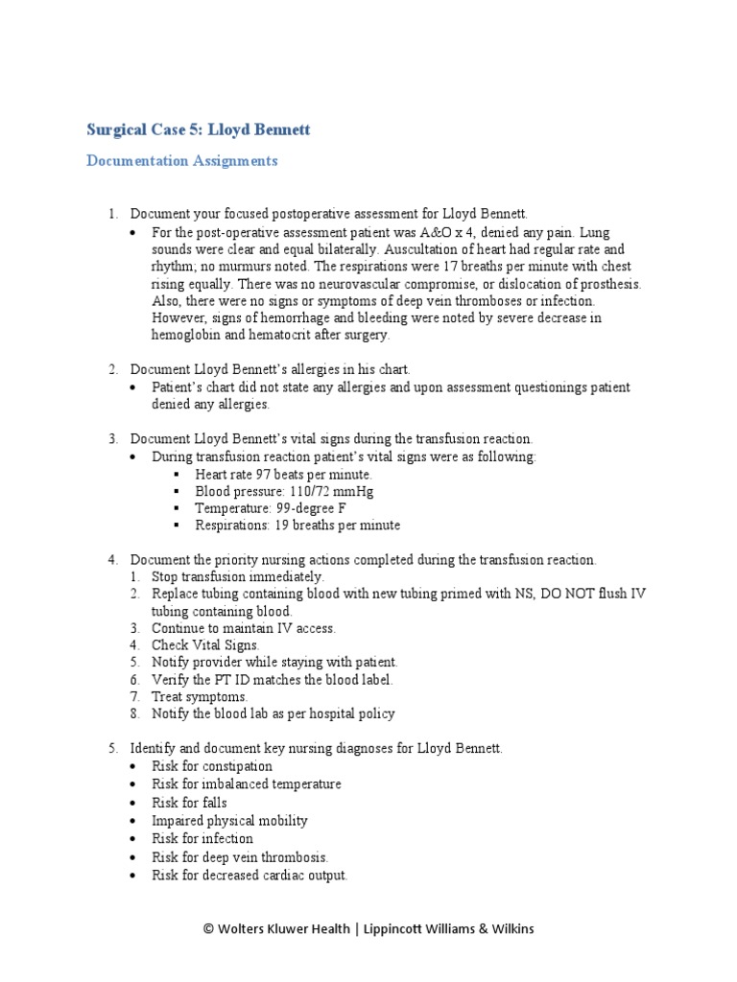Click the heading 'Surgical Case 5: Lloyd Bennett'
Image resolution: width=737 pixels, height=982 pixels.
199,129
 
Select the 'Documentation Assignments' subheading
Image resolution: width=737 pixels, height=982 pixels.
182,161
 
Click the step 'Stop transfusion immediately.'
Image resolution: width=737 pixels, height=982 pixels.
238,576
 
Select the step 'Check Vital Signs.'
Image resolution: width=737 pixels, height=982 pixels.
205,645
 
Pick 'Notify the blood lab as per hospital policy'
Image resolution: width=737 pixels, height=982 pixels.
273,713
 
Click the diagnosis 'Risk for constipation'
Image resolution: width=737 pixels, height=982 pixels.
211,766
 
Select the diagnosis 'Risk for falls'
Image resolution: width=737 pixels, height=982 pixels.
189,802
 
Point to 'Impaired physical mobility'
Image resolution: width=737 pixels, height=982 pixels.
229,820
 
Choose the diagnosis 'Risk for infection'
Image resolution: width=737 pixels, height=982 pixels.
202,838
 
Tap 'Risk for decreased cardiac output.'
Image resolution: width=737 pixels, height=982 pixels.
250,875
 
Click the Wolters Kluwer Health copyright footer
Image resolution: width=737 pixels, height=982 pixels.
368,928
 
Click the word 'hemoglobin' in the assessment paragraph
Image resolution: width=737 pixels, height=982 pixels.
185,335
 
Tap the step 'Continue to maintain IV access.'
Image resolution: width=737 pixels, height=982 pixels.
244,628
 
